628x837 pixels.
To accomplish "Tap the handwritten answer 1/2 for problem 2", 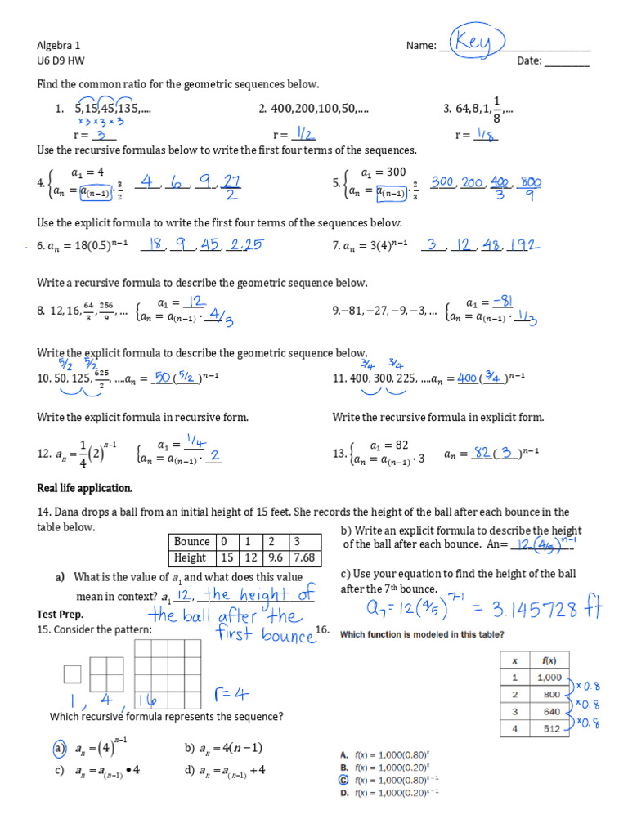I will click(x=307, y=134).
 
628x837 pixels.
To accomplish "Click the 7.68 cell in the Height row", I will click(x=304, y=557).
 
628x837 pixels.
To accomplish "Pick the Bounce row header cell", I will click(x=191, y=542).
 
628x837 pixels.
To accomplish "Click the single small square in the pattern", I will click(x=72, y=674).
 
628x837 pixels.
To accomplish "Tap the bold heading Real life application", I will click(x=84, y=488).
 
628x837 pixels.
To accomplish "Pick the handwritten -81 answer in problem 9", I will click(x=497, y=302).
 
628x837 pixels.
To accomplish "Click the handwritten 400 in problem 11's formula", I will click(x=467, y=378).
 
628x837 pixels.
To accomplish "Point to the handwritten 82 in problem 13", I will click(x=482, y=453).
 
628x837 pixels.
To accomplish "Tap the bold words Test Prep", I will click(x=61, y=613).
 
